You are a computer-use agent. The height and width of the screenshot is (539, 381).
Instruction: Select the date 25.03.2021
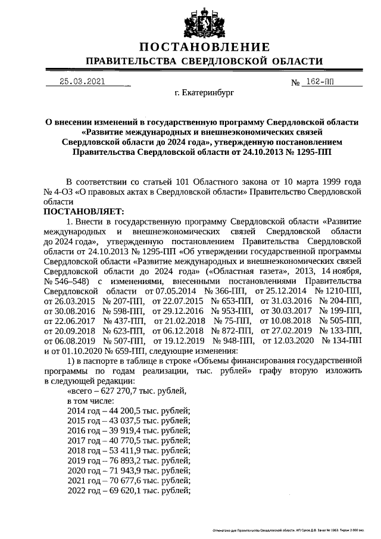[82, 82]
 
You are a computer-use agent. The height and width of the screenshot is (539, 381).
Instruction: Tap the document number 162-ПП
[320, 82]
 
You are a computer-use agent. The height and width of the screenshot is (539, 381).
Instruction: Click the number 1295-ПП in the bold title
[313, 152]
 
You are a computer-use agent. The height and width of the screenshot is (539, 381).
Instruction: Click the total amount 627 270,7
[113, 391]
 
